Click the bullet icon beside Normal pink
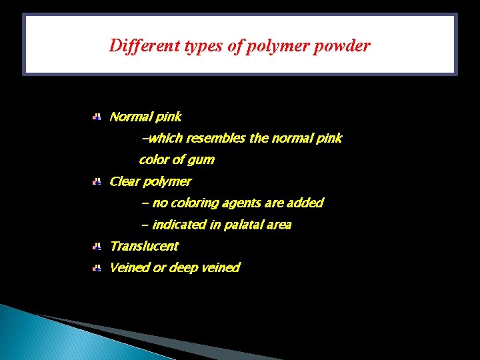pyautogui.click(x=96, y=117)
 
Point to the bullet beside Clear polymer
pyautogui.click(x=96, y=181)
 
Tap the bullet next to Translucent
pyautogui.click(x=96, y=247)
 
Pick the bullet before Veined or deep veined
pyautogui.click(x=96, y=268)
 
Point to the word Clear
pyautogui.click(x=124, y=181)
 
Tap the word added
pyautogui.click(x=305, y=203)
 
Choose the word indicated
pyautogui.click(x=179, y=225)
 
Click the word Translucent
pyautogui.click(x=144, y=246)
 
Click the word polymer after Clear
pyautogui.click(x=167, y=181)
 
